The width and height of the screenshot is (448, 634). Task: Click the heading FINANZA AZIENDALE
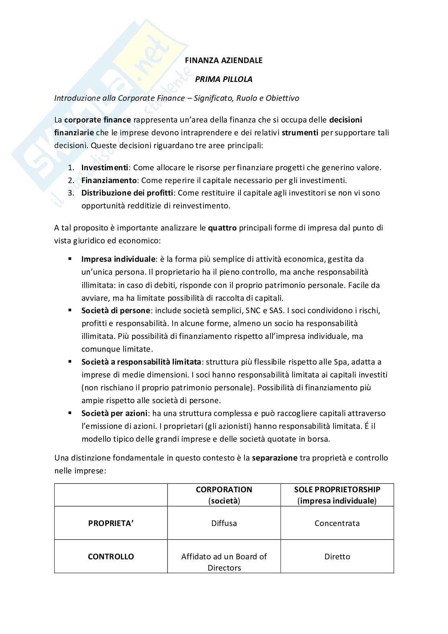click(224, 60)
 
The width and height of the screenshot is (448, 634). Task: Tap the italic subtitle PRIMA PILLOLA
click(224, 79)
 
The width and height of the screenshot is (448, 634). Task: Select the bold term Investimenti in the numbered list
click(105, 167)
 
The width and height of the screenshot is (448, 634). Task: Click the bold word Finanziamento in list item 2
click(109, 180)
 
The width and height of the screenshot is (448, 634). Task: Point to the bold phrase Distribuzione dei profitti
click(127, 193)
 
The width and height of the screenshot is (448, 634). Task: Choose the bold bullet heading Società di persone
click(116, 310)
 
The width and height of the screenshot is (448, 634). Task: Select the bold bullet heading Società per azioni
click(114, 413)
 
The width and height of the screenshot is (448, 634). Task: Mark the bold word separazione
click(275, 458)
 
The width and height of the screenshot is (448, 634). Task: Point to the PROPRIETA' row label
click(111, 523)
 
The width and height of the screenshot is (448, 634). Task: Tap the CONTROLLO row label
click(111, 557)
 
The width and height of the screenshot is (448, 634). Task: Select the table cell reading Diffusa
click(224, 523)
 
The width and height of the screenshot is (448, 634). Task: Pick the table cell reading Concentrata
click(337, 523)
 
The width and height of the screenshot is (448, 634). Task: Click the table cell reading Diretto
click(337, 557)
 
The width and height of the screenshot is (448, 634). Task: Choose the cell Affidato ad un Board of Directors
click(224, 562)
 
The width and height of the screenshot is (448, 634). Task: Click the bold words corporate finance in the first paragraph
click(98, 120)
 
